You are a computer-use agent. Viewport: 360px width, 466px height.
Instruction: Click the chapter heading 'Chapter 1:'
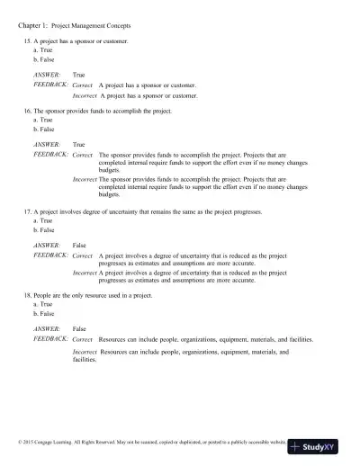tap(33, 28)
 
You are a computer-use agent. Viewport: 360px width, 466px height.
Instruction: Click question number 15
tap(27, 41)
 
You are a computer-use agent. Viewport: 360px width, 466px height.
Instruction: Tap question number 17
tap(27, 211)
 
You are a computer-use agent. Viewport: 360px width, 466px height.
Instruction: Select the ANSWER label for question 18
tap(47, 329)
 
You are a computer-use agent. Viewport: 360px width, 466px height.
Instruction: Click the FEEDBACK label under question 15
tap(50, 85)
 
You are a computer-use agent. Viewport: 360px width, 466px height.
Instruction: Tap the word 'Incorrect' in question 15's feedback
tap(85, 94)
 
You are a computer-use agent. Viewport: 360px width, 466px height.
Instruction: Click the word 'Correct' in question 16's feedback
tap(82, 154)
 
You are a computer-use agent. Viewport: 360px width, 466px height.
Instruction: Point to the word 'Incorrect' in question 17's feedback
tap(85, 273)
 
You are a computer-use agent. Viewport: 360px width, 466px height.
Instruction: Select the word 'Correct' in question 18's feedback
tap(82, 340)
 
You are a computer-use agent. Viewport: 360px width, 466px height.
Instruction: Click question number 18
tap(27, 295)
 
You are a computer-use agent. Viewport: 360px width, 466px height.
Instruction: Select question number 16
tap(27, 110)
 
